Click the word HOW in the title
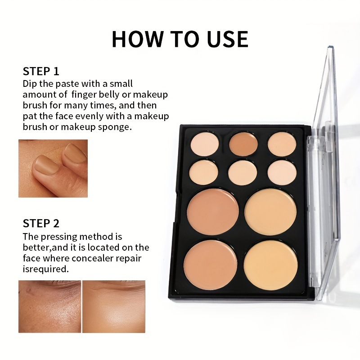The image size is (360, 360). (138, 39)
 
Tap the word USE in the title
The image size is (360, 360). (227, 39)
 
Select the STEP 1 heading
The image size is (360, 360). (41, 71)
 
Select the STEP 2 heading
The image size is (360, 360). (41, 223)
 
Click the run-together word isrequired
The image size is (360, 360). (46, 269)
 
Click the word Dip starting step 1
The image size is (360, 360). (30, 84)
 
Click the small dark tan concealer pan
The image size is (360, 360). (243, 144)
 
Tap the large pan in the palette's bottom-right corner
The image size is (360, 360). (271, 265)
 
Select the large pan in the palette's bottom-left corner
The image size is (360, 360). (210, 265)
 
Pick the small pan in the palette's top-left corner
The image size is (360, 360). (205, 144)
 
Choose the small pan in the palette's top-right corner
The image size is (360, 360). (282, 144)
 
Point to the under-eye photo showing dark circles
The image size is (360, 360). (49, 306)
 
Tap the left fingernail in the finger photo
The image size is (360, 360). (46, 164)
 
